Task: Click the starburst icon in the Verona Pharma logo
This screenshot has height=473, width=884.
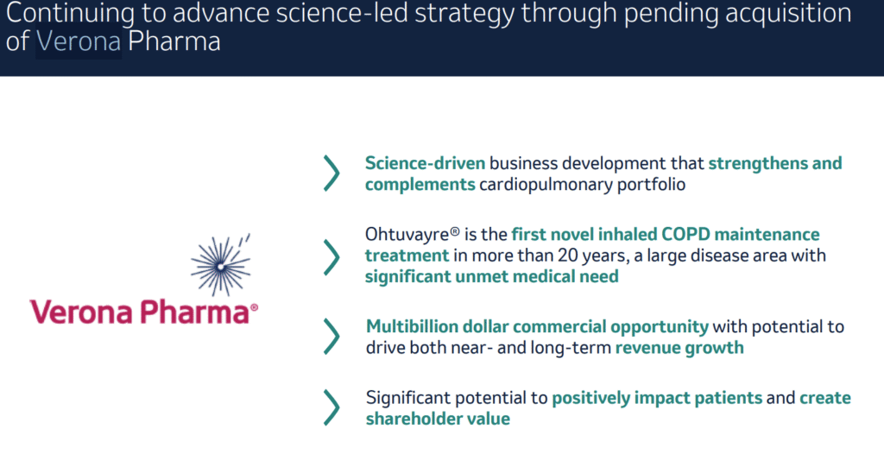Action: coord(220,265)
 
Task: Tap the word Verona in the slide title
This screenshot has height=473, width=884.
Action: coord(79,41)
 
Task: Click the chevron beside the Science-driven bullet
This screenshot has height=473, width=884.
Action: coord(331,173)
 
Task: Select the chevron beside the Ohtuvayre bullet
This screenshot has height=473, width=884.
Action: coord(331,257)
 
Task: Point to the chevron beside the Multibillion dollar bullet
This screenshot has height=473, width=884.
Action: coord(331,337)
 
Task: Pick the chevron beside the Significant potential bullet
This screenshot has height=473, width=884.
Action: coord(331,407)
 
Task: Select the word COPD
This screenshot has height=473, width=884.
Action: coord(685,234)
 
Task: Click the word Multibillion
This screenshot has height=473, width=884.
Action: coord(412,326)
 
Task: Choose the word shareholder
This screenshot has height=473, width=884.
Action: coord(406,419)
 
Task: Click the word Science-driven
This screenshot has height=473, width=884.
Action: coord(425,163)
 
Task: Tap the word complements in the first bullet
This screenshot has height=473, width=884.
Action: coord(420,185)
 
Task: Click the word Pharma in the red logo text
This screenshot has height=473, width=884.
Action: coord(194,312)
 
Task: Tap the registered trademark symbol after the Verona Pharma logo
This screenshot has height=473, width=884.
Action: coord(255,307)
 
